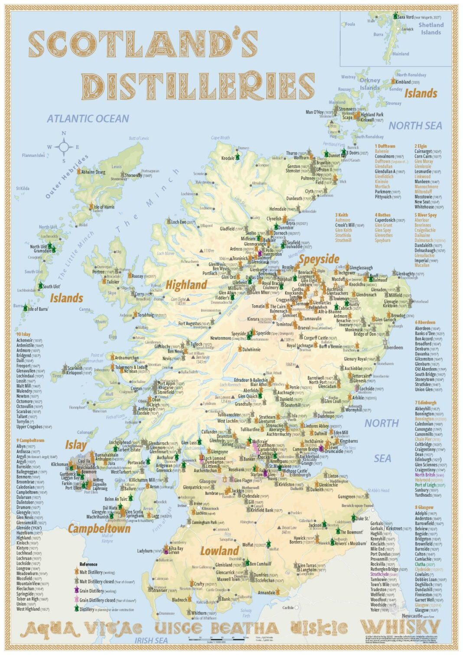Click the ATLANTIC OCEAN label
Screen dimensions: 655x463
[x=88, y=119]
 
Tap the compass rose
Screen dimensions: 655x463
[x=64, y=147]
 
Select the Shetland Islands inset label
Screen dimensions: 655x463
[x=430, y=29]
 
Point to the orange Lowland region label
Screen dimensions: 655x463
[x=219, y=551]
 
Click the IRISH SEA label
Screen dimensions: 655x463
[x=151, y=640]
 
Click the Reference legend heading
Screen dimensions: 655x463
[x=88, y=564]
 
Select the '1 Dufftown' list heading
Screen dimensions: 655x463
[x=385, y=146]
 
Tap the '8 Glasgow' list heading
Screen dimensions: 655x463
[x=424, y=507]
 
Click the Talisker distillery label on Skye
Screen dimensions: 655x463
[x=113, y=282]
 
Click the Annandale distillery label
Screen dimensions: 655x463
[x=266, y=593]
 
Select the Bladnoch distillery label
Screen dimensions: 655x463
[x=179, y=600]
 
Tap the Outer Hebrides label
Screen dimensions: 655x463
[x=66, y=176]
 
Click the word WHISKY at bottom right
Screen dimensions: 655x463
[x=400, y=627]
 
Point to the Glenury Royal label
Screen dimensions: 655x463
[x=359, y=359]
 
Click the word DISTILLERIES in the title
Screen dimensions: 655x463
[x=198, y=86]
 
